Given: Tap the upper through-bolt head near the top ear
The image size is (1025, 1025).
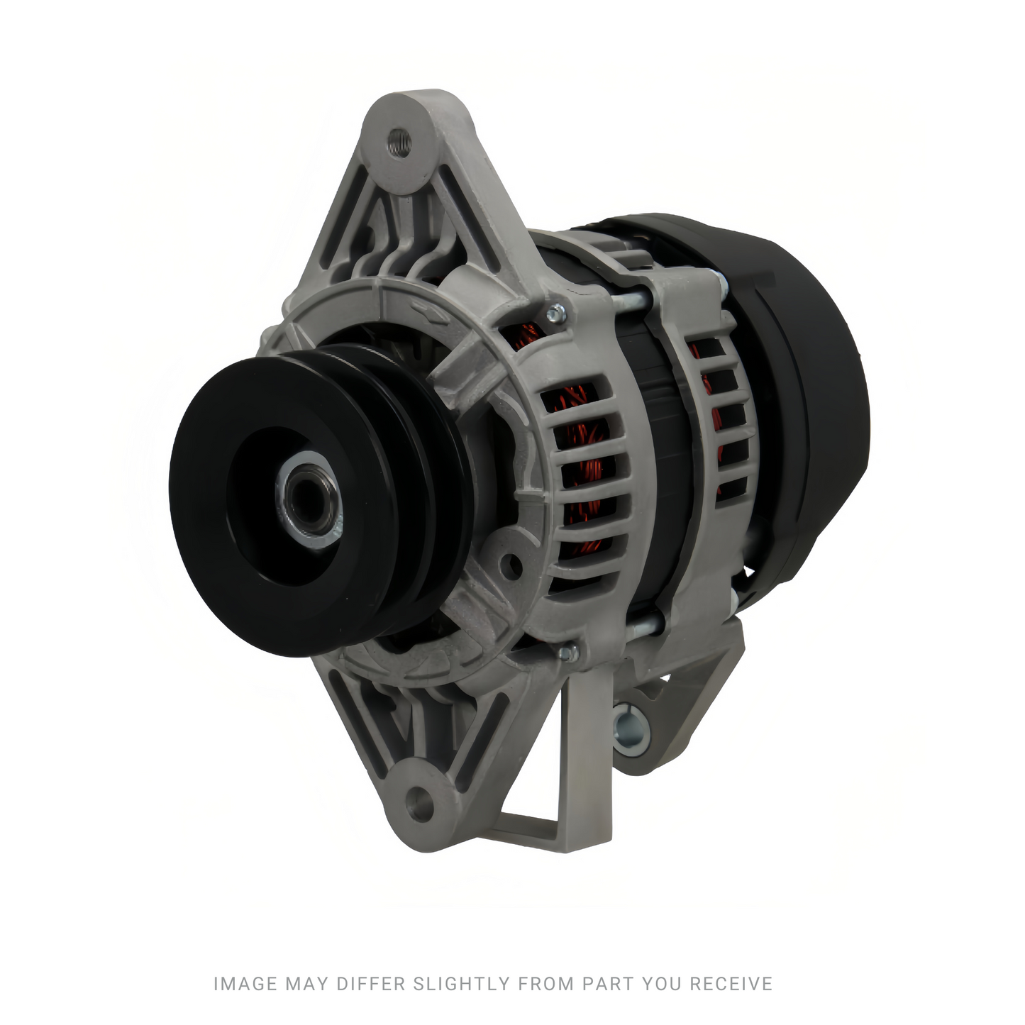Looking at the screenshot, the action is [556, 314].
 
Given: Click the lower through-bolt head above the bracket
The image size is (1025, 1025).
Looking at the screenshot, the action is [569, 653].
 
